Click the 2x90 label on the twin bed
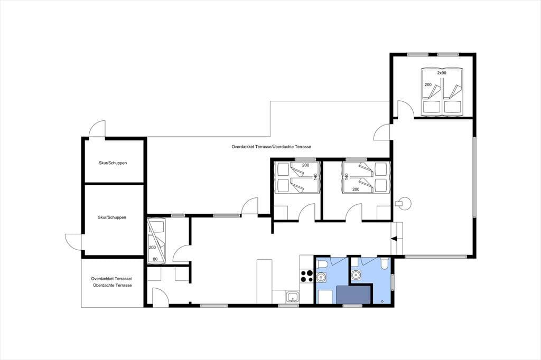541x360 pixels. tap(442, 73)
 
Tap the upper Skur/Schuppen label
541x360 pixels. tap(113, 163)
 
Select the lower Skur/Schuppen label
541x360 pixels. tap(112, 217)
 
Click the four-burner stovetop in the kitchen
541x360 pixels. tap(306, 276)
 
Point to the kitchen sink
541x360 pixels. tap(293, 297)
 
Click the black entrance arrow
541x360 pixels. tap(394, 238)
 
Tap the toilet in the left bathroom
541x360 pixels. tap(322, 265)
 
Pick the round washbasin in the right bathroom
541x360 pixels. tap(356, 276)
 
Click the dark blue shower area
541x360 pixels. tap(354, 295)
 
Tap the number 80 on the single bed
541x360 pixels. tap(155, 259)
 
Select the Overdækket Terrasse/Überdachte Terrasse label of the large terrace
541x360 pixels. tap(271, 147)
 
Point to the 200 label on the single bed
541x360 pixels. tap(152, 247)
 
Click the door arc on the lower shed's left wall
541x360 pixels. tap(73, 241)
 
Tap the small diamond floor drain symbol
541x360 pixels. tap(383, 301)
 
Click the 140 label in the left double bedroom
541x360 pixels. tap(315, 176)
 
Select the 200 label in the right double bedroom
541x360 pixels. tap(356, 190)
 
